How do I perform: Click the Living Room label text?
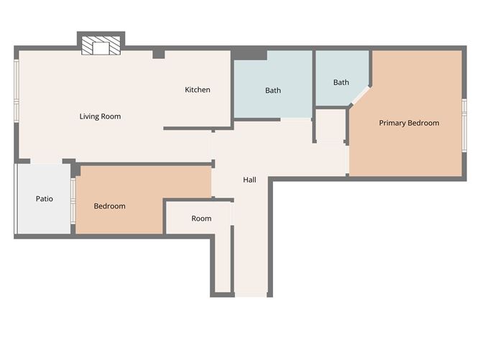click(x=100, y=116)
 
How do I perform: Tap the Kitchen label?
click(x=198, y=90)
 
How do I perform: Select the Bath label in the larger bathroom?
click(x=273, y=91)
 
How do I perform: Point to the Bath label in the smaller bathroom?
click(x=341, y=83)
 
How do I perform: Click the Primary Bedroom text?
click(x=409, y=123)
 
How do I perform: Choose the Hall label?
click(x=249, y=180)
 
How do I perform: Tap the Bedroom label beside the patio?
click(x=109, y=206)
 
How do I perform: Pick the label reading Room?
click(x=201, y=218)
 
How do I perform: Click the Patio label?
click(x=45, y=199)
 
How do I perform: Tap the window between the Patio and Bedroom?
click(x=73, y=200)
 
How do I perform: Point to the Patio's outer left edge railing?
click(x=16, y=199)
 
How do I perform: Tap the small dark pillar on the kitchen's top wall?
click(x=159, y=54)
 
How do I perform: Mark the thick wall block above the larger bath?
click(x=249, y=54)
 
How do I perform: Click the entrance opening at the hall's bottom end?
click(x=251, y=294)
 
